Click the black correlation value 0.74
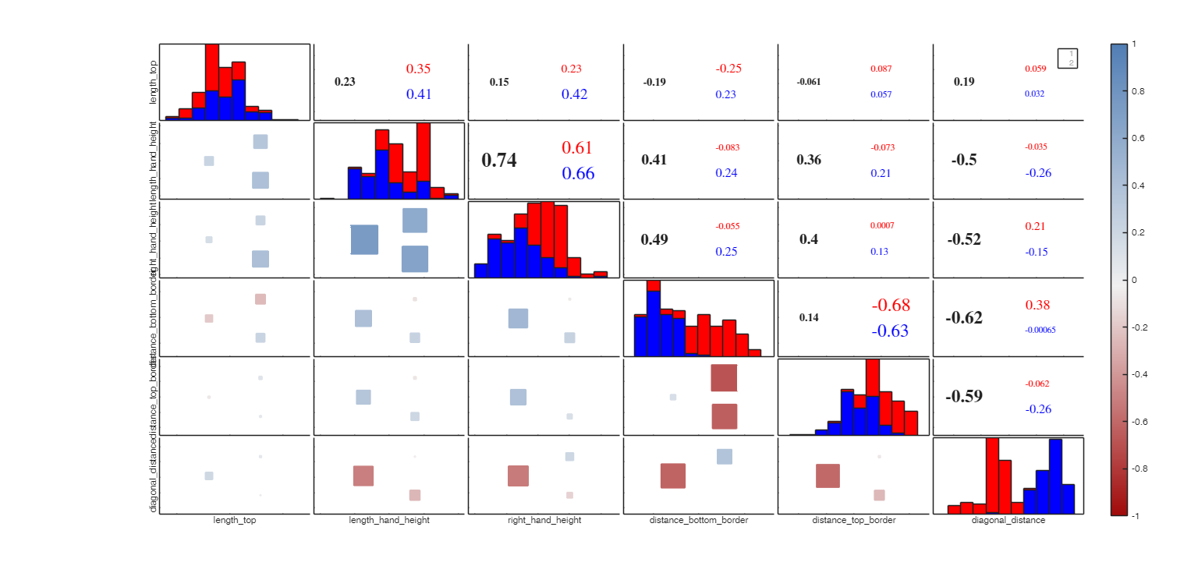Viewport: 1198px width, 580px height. (x=499, y=161)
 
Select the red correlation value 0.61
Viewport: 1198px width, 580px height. (x=577, y=148)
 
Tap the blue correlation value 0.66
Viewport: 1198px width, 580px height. (x=578, y=174)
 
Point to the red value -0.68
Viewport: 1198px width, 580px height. (x=891, y=306)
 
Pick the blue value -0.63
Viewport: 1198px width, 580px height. (x=890, y=331)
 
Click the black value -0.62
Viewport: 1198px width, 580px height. (x=964, y=318)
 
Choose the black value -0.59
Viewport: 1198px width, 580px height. (x=964, y=397)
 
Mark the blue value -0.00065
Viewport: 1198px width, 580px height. (x=1040, y=331)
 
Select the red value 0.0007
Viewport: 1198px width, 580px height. (x=882, y=226)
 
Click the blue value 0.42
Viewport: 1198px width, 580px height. (x=575, y=94)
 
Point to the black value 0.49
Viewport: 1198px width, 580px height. (x=654, y=239)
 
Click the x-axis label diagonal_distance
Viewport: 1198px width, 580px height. (x=1008, y=520)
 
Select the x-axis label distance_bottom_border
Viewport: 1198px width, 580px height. (x=699, y=520)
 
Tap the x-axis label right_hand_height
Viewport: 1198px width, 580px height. (x=544, y=520)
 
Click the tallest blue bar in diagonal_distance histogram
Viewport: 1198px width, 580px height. (x=1055, y=476)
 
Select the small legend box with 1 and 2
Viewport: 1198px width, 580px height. (x=1068, y=58)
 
